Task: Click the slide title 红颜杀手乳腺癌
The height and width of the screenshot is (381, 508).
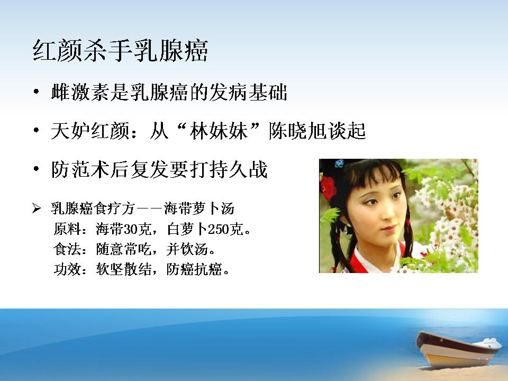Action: click(x=120, y=51)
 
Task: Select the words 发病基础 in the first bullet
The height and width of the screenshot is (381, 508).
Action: click(x=248, y=93)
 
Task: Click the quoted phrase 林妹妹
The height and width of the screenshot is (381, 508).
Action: click(x=219, y=131)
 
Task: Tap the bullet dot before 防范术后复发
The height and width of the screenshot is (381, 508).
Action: click(x=37, y=169)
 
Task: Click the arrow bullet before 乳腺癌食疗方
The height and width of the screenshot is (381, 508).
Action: click(x=37, y=208)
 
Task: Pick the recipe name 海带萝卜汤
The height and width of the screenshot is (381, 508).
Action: click(x=198, y=208)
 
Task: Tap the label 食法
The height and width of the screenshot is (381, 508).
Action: click(x=67, y=249)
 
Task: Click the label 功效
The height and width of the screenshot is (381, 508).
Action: click(x=67, y=269)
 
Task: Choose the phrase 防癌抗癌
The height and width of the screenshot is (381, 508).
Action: click(x=194, y=269)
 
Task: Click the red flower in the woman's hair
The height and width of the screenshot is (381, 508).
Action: click(x=328, y=188)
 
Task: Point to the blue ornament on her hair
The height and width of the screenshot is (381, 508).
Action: click(x=339, y=164)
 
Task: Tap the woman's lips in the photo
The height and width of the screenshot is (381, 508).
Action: click(x=387, y=229)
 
